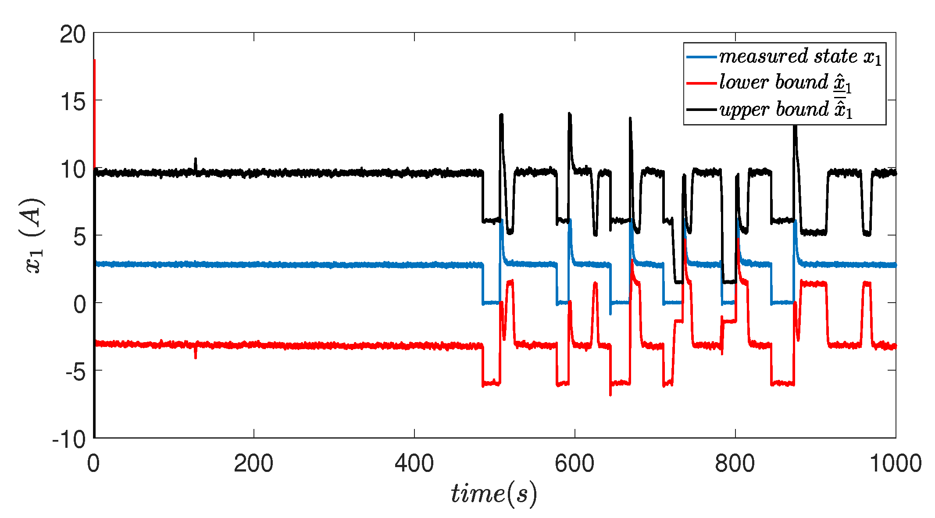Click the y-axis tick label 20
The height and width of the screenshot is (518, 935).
pos(73,34)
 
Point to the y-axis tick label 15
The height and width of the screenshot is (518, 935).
pos(73,102)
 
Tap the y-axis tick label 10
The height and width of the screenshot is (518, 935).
pos(73,170)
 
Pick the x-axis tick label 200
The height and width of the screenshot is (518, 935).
pos(253,464)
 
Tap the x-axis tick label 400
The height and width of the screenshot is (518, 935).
pos(414,464)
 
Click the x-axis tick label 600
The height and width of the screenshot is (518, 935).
pos(575,464)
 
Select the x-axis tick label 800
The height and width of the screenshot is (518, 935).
pos(735,464)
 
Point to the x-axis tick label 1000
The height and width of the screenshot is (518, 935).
pos(895,464)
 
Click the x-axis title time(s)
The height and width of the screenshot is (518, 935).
pos(494,493)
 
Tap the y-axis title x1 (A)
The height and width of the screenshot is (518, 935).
pos(34,236)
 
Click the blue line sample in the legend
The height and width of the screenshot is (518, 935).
pos(701,57)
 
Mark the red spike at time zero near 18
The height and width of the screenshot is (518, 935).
pos(94,61)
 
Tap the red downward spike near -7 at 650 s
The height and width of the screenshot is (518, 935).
pos(610,394)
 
